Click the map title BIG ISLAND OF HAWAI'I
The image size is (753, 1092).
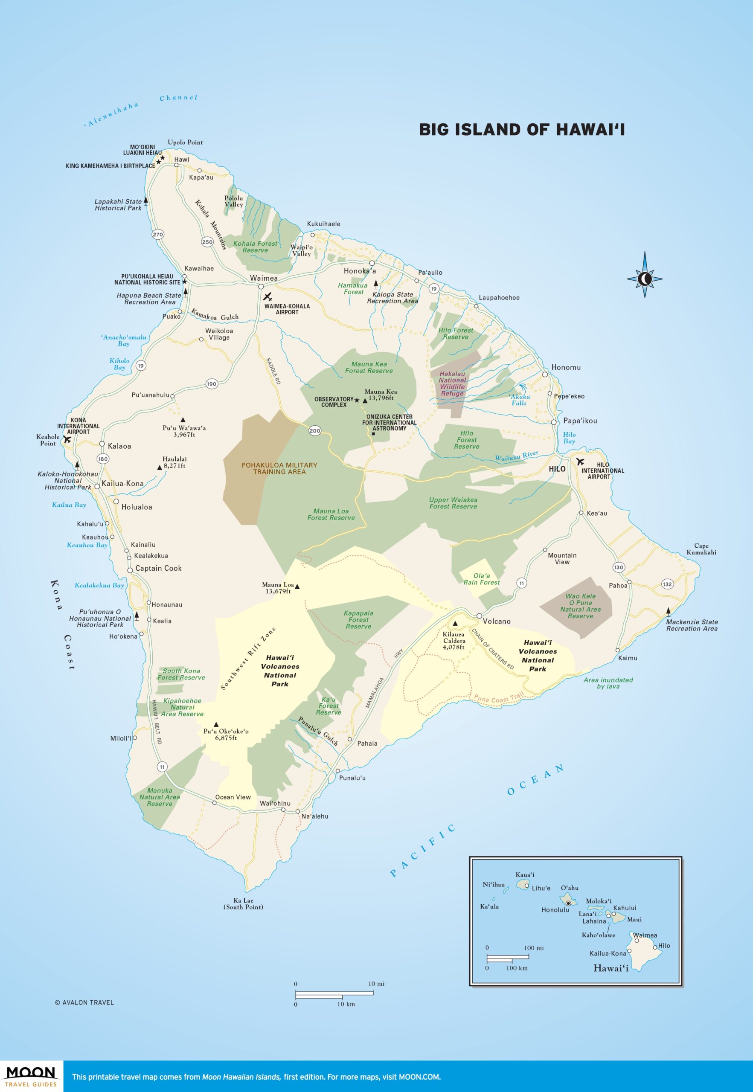pos(522,130)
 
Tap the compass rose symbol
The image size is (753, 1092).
pos(645,279)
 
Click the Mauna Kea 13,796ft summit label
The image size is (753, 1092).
pos(380,395)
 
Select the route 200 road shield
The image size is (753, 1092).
pos(315,430)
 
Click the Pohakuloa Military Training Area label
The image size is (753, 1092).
pos(279,468)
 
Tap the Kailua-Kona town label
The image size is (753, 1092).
pos(122,483)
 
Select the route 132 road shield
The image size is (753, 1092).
pos(667,584)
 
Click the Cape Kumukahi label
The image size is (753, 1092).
pos(701,549)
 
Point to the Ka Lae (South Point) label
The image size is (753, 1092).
pos(243,903)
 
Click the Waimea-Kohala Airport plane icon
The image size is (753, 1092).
pos(267,297)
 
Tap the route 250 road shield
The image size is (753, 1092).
pos(207,242)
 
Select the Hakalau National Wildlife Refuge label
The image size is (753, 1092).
pos(452,383)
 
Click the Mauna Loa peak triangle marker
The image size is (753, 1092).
pos(297,587)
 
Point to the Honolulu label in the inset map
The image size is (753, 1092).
pos(555,910)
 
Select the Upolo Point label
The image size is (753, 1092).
pos(185,142)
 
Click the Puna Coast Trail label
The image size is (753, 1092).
pos(499,698)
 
